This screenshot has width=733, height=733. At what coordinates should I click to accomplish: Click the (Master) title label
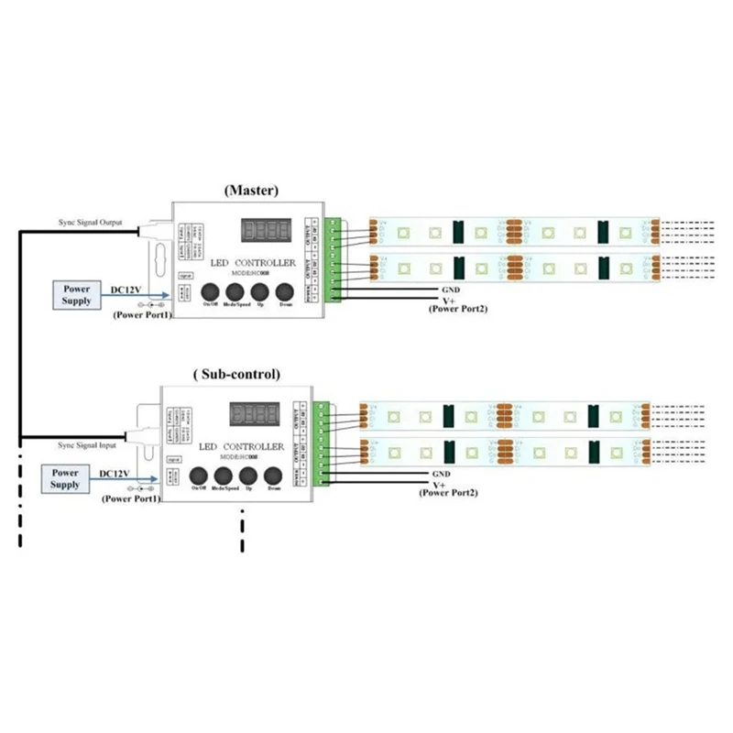(x=250, y=191)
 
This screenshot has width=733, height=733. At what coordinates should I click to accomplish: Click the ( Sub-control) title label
(x=237, y=374)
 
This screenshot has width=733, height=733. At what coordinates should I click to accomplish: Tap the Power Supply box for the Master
(x=77, y=294)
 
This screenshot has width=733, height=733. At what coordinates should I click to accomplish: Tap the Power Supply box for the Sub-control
(x=65, y=477)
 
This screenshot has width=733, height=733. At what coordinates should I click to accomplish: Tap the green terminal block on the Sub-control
(x=320, y=443)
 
